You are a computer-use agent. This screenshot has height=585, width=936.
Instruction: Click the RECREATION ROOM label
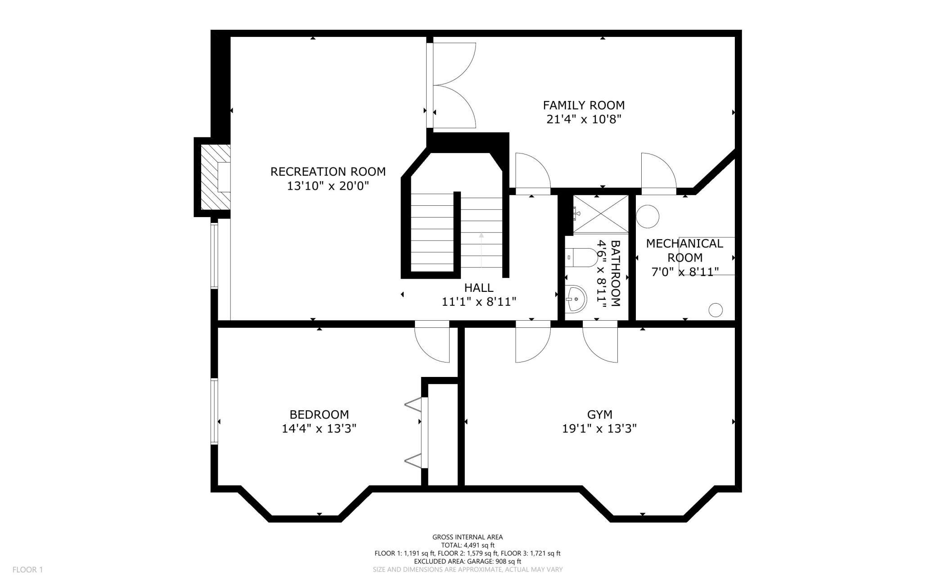(x=328, y=172)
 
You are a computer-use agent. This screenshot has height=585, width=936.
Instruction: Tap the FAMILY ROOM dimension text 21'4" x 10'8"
(x=584, y=119)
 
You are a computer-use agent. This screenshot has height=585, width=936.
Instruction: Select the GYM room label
(x=599, y=414)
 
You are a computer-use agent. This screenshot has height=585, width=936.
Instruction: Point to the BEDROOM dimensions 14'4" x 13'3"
(x=319, y=428)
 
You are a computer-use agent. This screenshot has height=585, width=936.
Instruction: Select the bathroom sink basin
(x=576, y=299)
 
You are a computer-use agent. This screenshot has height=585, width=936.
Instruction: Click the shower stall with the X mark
(x=600, y=214)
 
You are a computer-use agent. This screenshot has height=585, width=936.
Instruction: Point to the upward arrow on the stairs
(x=481, y=250)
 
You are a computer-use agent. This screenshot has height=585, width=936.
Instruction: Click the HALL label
(x=479, y=287)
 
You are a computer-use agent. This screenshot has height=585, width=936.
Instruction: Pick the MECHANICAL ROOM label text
(x=684, y=250)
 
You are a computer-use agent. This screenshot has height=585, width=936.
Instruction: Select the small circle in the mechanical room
(x=715, y=310)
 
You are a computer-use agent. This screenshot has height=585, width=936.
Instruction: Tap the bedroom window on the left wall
(x=214, y=412)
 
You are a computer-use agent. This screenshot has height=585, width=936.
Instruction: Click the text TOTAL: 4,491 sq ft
(x=468, y=545)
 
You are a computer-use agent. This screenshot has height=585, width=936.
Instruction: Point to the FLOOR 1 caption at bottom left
(x=27, y=570)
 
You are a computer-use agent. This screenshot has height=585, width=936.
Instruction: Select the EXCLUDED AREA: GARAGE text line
(x=468, y=561)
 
